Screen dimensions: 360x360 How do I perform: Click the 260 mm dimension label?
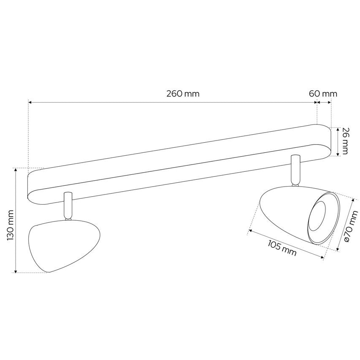tap(183, 94)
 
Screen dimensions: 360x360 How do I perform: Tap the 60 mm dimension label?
tap(323, 94)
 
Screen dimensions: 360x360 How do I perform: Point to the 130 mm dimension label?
tap(10, 225)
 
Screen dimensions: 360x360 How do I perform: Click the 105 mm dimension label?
tap(282, 248)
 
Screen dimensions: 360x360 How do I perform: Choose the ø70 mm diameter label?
tap(351, 226)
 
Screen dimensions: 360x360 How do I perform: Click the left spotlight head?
tap(64, 246)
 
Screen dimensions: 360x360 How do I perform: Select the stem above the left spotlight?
tap(68, 206)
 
